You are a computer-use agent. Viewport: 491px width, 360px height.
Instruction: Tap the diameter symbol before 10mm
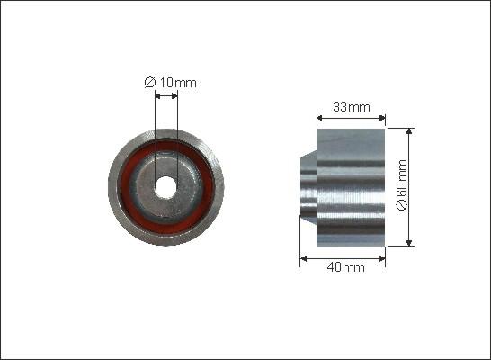149,83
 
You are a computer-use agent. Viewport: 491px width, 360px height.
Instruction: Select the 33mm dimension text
352,107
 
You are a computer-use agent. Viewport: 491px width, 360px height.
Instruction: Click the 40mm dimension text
345,267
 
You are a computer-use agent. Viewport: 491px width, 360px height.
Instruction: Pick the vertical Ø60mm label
402,186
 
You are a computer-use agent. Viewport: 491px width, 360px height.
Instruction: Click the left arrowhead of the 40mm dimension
303,257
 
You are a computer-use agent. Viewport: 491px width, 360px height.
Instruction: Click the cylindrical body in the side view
351,186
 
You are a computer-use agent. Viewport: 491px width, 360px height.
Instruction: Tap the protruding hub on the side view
308,186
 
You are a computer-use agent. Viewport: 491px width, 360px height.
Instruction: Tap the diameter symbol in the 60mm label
402,206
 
